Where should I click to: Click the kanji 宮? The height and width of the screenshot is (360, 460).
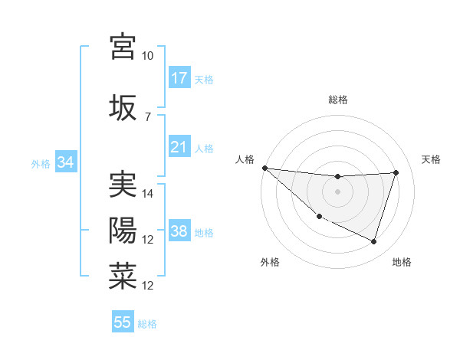click(123, 47)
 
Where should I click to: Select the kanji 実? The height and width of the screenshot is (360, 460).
click(123, 185)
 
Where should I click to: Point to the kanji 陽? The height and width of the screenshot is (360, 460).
click(123, 231)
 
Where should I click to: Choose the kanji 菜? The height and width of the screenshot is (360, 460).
click(123, 277)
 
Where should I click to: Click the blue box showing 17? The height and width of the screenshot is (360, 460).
click(179, 78)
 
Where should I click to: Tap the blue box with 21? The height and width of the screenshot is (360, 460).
click(179, 147)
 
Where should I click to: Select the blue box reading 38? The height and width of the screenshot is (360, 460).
click(179, 231)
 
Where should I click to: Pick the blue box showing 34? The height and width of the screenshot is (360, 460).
click(65, 162)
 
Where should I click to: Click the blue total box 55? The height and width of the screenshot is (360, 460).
click(123, 322)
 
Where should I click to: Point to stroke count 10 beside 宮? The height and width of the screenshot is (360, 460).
click(147, 56)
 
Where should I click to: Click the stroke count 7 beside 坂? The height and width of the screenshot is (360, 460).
click(147, 116)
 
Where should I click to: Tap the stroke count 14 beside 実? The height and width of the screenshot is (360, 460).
click(148, 194)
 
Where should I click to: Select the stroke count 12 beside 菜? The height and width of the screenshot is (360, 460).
click(148, 286)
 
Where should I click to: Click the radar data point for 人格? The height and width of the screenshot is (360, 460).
click(264, 168)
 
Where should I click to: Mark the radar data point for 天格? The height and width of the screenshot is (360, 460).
click(396, 172)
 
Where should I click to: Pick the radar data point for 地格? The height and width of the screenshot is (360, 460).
click(374, 242)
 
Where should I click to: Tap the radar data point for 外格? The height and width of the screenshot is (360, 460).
click(319, 217)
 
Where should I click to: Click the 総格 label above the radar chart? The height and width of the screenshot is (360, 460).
click(337, 100)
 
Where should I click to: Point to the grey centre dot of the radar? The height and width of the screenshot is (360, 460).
click(337, 191)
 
